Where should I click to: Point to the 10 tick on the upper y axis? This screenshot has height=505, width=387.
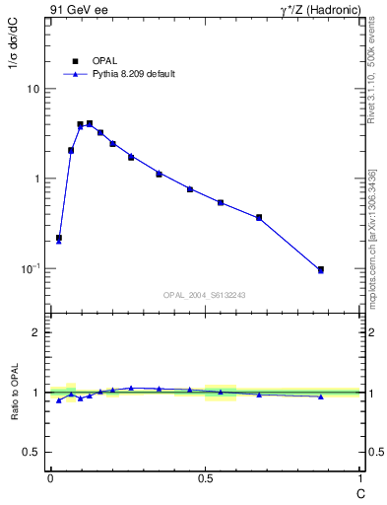(32, 89)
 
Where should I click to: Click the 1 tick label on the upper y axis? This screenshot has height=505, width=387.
(36, 179)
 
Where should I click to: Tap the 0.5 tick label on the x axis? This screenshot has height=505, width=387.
(205, 478)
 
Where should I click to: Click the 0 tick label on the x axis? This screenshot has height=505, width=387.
(50, 478)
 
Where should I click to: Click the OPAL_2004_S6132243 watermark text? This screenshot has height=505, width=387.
(204, 295)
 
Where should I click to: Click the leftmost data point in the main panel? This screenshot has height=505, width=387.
(59, 238)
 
